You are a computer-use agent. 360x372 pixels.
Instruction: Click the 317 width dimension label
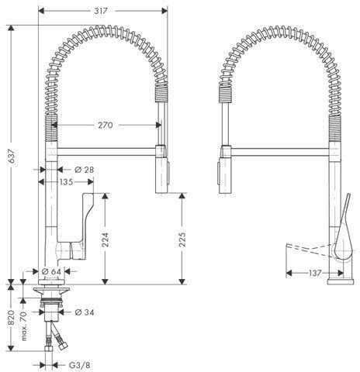point(101,11)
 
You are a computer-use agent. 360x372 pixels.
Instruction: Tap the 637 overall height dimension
point(12,156)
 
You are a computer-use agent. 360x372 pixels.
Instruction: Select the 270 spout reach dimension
point(106,126)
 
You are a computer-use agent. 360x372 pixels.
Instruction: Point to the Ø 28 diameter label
point(85,170)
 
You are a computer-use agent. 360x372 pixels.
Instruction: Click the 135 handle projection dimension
point(66,182)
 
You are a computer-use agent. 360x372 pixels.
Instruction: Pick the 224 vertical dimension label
point(105,239)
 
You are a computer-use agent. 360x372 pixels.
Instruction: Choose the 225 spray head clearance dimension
point(182,239)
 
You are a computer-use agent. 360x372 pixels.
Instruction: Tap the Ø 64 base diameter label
point(51,271)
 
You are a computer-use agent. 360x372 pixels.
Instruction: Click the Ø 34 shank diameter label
point(85,312)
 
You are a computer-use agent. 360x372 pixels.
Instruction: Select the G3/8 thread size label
point(80,365)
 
